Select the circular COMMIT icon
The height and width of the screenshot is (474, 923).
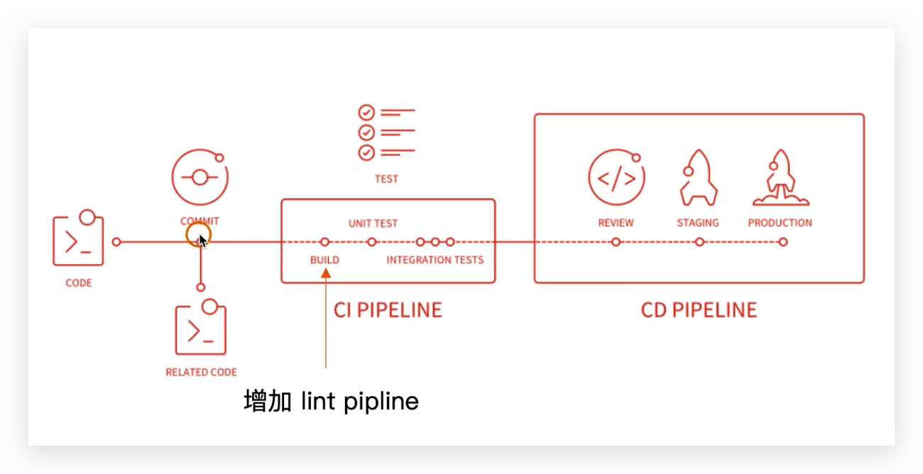coord(200,178)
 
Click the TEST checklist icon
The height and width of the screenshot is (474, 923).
coord(386,133)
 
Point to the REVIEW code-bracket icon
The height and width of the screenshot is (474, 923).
coord(616,178)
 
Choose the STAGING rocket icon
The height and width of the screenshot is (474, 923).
coord(698,177)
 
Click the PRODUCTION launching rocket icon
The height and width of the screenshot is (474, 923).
coord(780,177)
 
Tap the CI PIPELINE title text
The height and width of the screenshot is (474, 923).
coord(388,310)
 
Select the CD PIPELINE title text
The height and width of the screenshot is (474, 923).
coord(699,310)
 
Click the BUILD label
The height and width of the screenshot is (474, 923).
coord(324,260)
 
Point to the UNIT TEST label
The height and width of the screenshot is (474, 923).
coord(373,224)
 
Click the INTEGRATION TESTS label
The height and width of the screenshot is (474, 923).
coord(435,260)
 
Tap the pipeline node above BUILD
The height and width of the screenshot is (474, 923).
coord(324,242)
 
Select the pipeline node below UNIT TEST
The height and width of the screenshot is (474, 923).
coord(371,242)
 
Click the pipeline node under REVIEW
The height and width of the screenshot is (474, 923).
coord(616,242)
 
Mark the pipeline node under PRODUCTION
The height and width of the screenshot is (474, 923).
coord(782,242)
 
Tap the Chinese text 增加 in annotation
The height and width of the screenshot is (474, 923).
coord(268,402)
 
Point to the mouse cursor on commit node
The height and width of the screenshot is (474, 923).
coord(202,241)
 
